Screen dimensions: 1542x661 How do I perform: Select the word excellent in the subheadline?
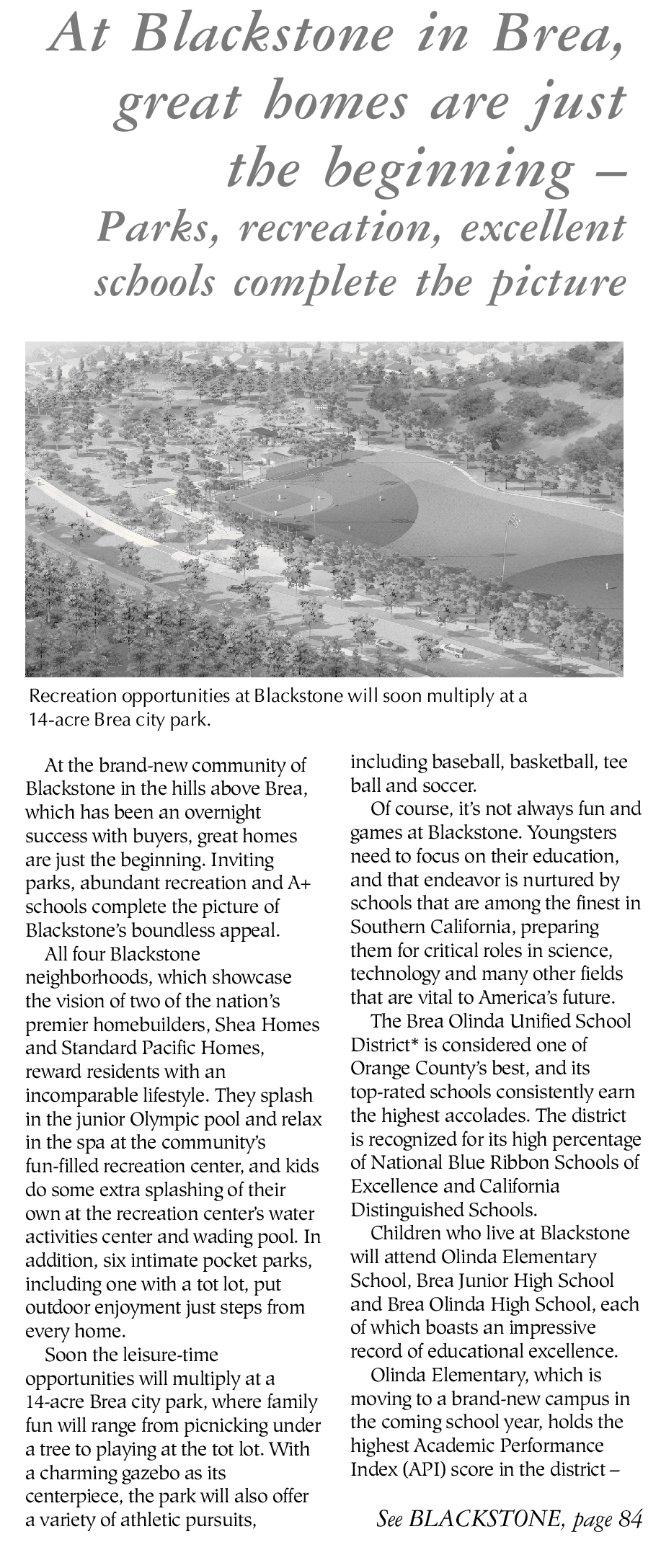(x=543, y=229)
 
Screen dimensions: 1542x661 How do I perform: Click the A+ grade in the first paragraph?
(x=297, y=883)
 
